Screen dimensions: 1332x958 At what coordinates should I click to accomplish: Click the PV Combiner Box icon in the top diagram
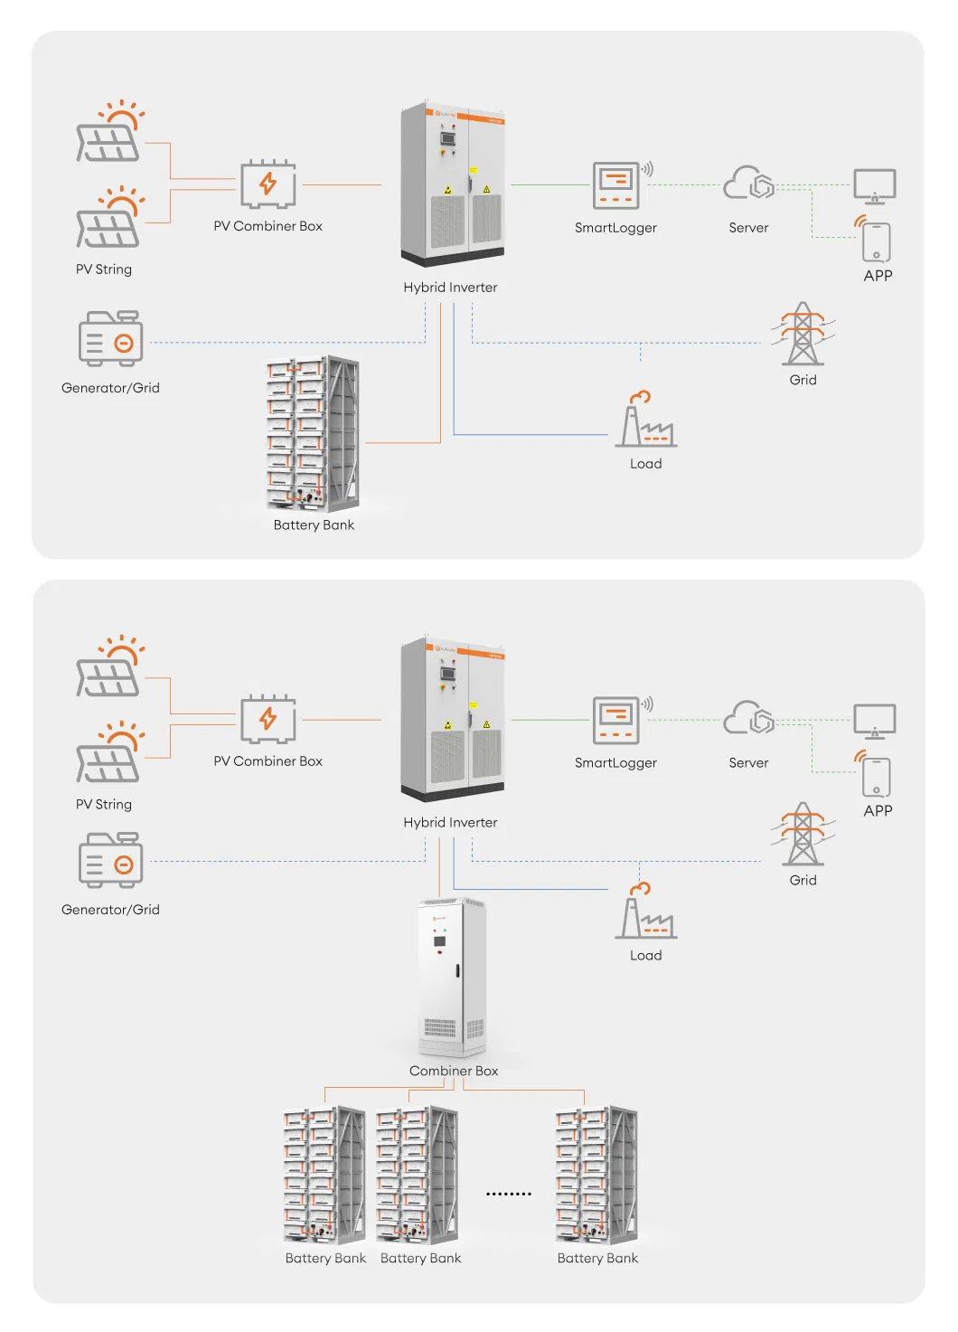point(268,184)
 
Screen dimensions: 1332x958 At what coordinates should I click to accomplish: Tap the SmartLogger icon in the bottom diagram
point(616,721)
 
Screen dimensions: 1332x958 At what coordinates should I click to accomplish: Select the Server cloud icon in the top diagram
point(749,184)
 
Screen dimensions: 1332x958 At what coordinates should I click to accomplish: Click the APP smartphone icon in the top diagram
point(877,241)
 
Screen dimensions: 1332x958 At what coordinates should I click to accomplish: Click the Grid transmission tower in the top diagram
point(803,334)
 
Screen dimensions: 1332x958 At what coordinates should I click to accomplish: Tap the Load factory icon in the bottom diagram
point(645,913)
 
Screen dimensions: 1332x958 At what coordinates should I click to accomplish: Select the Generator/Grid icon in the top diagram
point(110,339)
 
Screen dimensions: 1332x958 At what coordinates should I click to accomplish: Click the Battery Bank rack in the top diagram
point(313,434)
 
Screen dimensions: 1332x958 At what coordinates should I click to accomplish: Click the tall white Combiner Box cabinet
point(452,977)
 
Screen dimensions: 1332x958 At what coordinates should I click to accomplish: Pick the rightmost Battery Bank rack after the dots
point(596,1175)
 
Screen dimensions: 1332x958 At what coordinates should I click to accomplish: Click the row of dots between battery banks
point(509,1194)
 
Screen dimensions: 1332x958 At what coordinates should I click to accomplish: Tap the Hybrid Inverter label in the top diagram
point(450,288)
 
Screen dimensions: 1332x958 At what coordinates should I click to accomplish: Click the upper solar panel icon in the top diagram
point(109,133)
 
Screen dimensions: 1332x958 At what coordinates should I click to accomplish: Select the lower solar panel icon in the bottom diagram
point(109,753)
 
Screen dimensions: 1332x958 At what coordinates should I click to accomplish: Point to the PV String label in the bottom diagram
point(104,804)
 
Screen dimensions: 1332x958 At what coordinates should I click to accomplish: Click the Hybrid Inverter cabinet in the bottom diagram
point(452,719)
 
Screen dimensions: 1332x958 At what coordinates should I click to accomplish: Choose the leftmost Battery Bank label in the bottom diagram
point(325,1258)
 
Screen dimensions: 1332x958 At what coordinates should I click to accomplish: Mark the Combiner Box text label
point(454,1071)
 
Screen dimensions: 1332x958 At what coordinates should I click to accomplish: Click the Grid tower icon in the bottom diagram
point(803,834)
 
